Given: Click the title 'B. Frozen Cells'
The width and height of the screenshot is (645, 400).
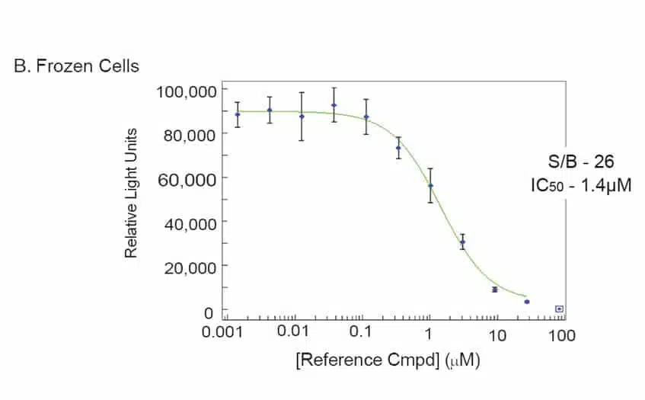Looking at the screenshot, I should (x=77, y=66).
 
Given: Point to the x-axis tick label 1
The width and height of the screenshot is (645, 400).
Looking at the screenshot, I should (x=429, y=335).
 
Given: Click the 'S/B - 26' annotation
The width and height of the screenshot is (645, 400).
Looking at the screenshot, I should (x=583, y=162).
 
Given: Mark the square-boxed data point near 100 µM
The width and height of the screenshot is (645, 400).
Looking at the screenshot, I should (x=559, y=309).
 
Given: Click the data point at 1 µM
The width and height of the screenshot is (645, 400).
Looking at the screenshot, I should (x=430, y=185).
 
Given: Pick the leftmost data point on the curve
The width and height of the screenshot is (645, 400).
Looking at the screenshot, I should (x=238, y=114).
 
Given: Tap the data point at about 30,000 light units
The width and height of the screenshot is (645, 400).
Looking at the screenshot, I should (x=462, y=242).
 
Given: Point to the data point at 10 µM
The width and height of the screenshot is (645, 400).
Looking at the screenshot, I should (x=495, y=290).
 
